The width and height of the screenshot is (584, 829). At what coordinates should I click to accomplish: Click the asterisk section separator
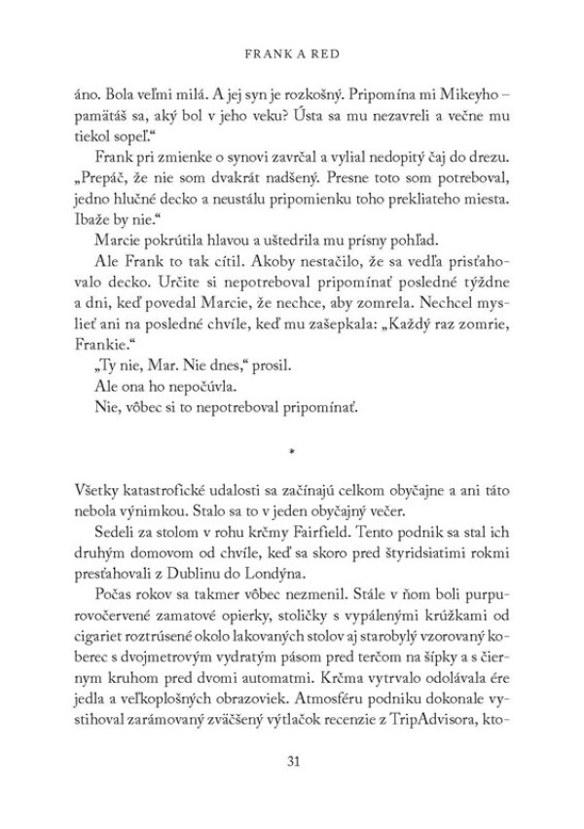291,452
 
